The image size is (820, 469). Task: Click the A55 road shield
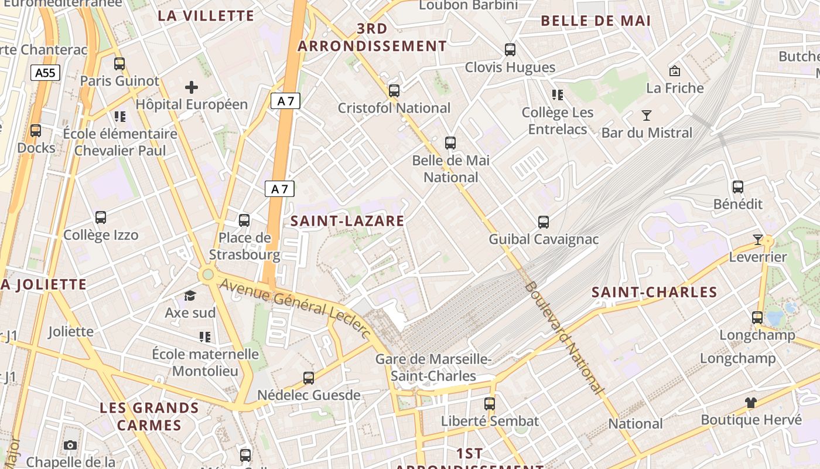[45, 73]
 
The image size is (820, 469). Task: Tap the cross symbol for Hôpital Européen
[192, 88]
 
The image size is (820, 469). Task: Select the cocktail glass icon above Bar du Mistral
[647, 115]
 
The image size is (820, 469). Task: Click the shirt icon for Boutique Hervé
[751, 402]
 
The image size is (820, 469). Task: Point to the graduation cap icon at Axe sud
[190, 295]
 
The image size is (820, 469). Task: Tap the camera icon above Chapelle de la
[70, 445]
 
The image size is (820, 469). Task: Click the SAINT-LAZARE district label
[347, 221]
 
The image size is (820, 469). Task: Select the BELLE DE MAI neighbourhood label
[596, 21]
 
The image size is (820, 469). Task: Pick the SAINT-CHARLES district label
[654, 293]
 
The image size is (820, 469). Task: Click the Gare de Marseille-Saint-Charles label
[433, 368]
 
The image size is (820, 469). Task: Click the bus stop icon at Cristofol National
[394, 91]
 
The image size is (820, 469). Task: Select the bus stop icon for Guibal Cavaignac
[544, 222]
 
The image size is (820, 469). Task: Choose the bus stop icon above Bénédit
[738, 187]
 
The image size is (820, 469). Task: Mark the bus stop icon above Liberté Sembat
[490, 403]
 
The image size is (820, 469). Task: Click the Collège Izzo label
[101, 235]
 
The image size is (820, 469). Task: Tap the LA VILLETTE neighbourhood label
[206, 16]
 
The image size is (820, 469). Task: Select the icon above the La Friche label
[675, 71]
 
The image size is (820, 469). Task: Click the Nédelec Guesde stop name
[309, 395]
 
